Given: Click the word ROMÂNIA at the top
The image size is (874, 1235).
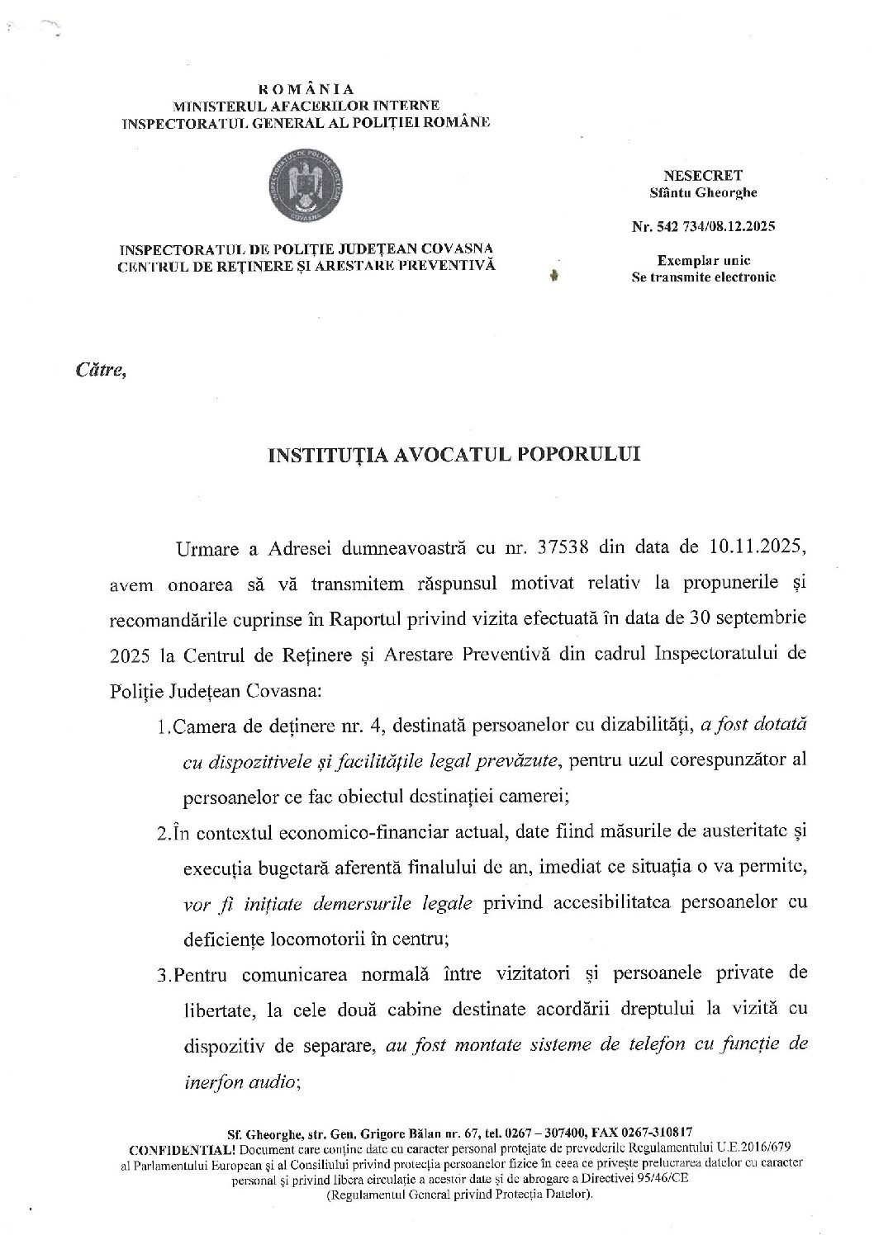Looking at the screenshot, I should [306, 89].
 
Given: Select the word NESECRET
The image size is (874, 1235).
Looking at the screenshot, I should [702, 175].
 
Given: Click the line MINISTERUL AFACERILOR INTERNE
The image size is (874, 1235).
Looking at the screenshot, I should [306, 106].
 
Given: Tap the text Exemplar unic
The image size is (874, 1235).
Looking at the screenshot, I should [703, 260].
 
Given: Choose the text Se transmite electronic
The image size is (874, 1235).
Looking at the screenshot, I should [703, 277].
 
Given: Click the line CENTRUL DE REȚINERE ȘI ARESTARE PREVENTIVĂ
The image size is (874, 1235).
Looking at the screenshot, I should [306, 265].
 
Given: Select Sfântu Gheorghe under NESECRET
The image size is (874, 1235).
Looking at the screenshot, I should [703, 192].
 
